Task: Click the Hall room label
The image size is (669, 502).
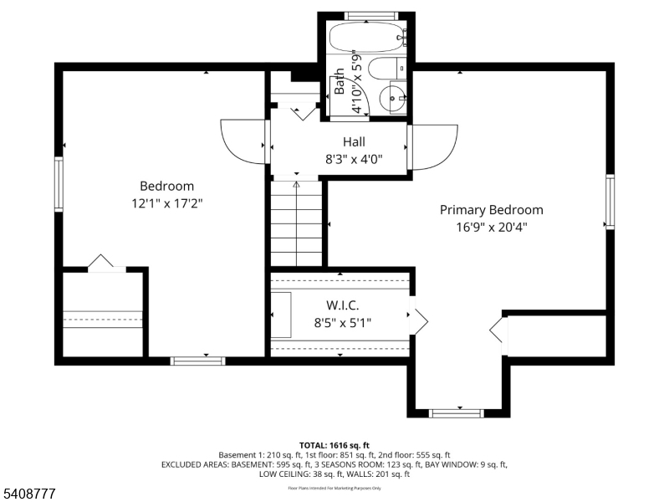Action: [354, 142]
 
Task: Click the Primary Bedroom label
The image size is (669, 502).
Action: [491, 210]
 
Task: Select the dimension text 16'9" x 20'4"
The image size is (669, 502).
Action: [491, 226]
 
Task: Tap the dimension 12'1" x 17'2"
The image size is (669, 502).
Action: [166, 202]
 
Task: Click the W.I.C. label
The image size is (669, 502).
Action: [342, 305]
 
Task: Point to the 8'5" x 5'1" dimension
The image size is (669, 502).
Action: [342, 321]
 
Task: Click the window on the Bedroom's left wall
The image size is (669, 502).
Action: [59, 184]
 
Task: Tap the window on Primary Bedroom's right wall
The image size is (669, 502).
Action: [610, 201]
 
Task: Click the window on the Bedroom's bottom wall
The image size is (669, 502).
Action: [198, 361]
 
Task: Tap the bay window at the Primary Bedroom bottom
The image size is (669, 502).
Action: [457, 412]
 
